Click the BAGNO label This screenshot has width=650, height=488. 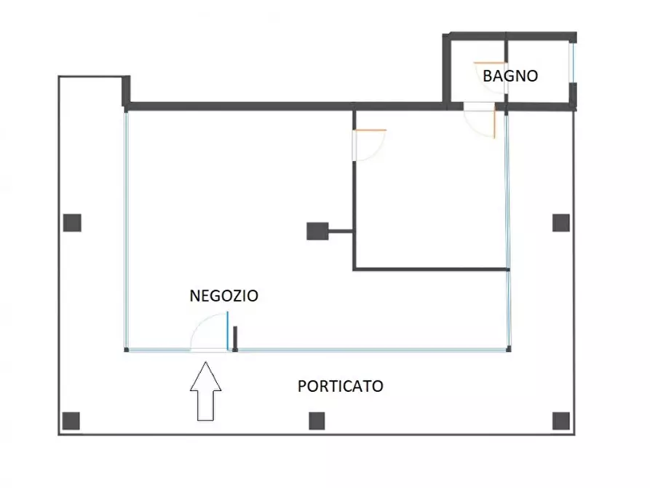click(510, 76)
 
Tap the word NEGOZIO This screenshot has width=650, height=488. click(223, 296)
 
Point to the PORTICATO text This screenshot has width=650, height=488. click(341, 386)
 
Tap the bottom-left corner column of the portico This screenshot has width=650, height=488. click(71, 420)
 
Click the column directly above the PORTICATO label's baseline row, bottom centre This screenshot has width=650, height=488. click(316, 420)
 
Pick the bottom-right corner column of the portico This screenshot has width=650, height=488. click(560, 420)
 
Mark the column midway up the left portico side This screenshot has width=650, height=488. click(71, 223)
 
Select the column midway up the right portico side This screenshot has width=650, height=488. click(560, 223)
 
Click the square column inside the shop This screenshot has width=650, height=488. click(317, 232)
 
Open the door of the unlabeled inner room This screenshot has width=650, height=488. click(368, 144)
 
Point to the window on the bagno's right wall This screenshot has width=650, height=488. click(572, 64)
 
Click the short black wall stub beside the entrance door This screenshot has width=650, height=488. click(235, 339)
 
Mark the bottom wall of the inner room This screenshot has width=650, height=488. click(431, 270)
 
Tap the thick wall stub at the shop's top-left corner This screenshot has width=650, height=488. click(126, 91)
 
